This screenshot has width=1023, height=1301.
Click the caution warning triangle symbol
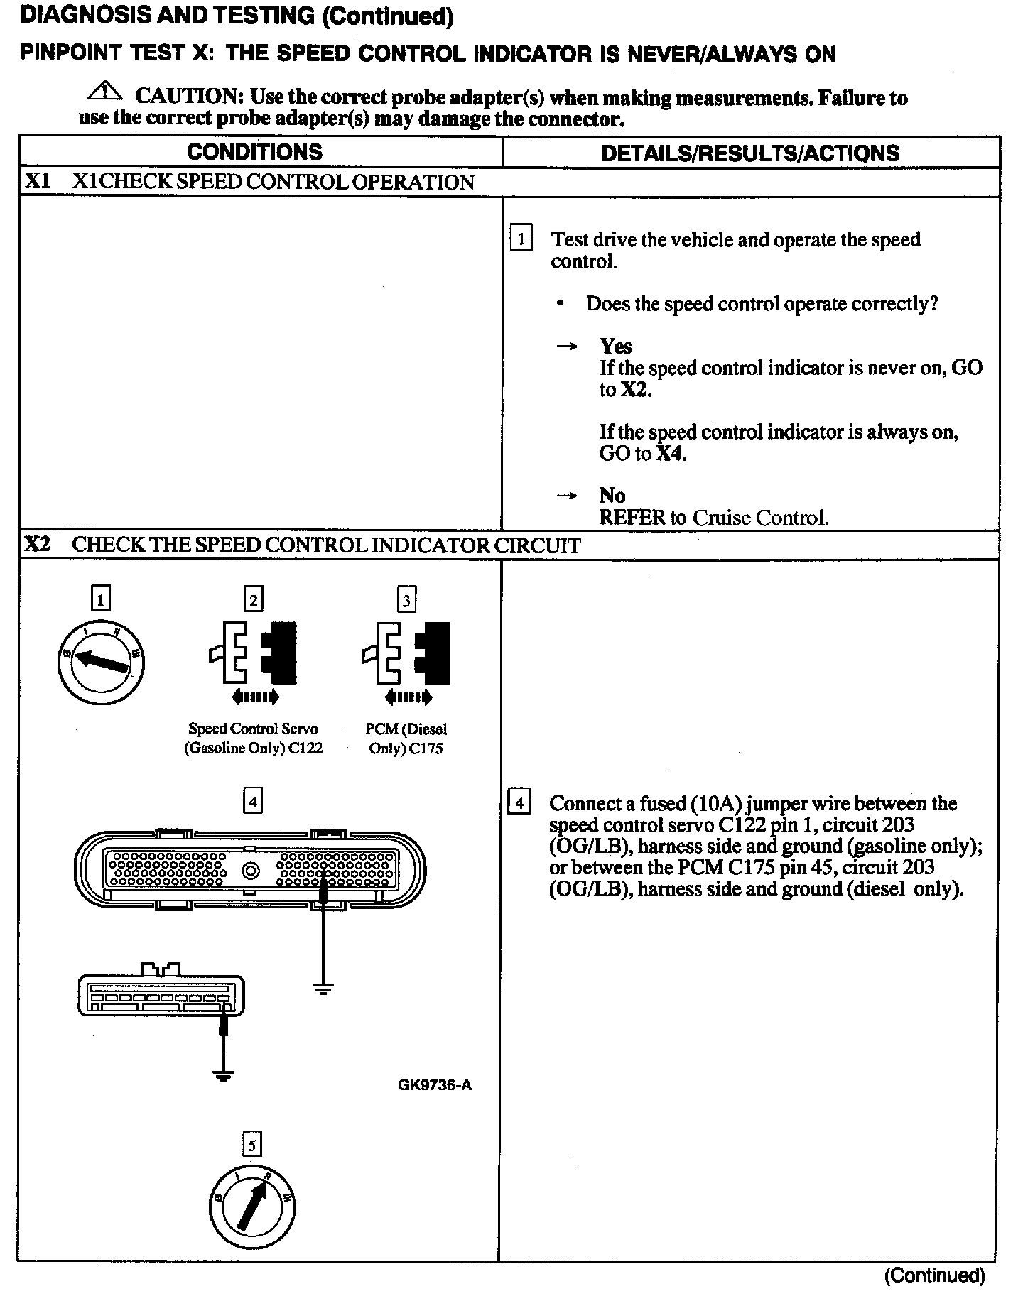point(104,92)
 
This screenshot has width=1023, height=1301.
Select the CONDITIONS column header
point(254,152)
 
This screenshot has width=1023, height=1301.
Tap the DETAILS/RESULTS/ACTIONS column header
point(750,153)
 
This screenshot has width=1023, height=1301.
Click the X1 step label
point(38,182)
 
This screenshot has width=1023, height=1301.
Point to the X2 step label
point(38,545)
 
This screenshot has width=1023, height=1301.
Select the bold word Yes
point(615,346)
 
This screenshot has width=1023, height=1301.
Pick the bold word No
point(612,495)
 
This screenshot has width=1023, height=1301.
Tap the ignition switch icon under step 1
point(102,661)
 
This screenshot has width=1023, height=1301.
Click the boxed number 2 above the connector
point(254,600)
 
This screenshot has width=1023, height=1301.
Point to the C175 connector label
point(426,749)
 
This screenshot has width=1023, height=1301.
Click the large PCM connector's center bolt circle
point(251,870)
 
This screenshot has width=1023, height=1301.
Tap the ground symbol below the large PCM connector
point(323,989)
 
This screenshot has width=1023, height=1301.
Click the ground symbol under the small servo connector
point(224,1075)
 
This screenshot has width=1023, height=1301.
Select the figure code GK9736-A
point(435,1084)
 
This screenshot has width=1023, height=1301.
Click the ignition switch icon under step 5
point(252,1207)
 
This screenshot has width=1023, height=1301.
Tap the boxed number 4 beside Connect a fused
point(520,803)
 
